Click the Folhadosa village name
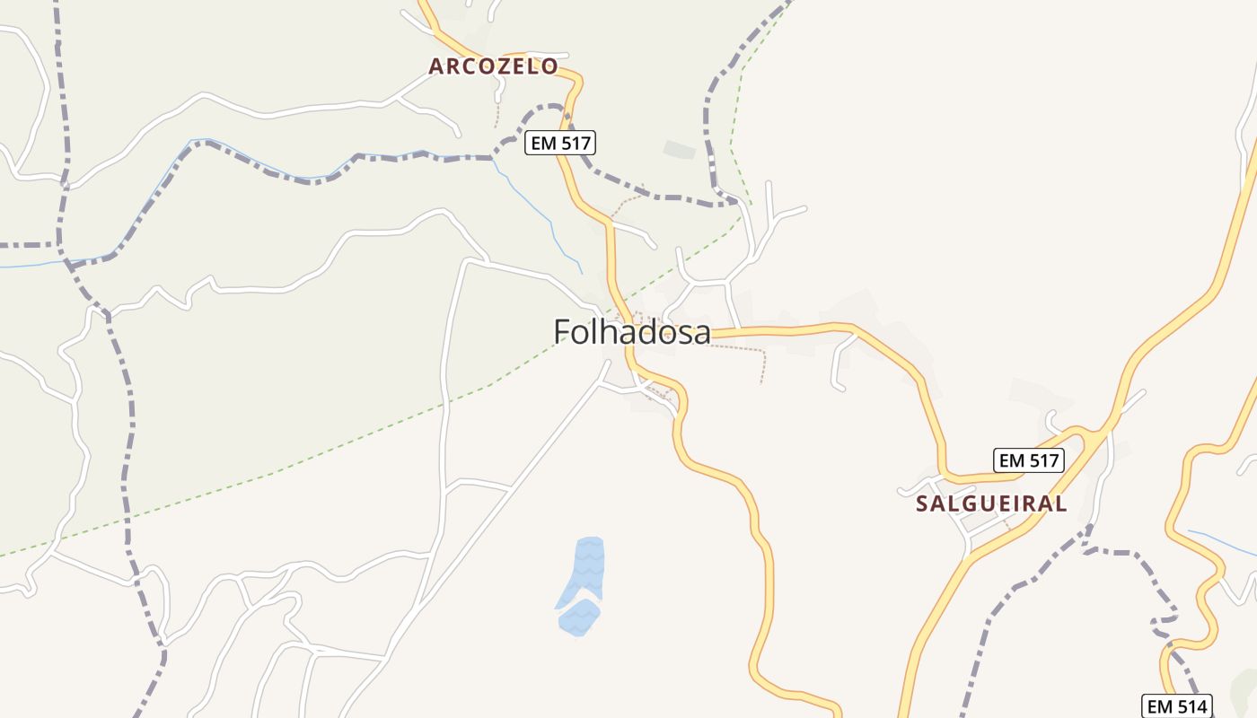(x=631, y=332)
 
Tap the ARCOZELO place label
(x=493, y=66)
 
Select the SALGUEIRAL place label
(x=991, y=503)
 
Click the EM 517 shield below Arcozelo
(x=560, y=143)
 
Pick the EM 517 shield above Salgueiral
(x=1029, y=460)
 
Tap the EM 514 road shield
(x=1177, y=705)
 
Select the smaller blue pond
(x=578, y=617)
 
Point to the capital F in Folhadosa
(x=563, y=332)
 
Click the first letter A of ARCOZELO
(x=436, y=66)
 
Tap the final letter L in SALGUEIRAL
(x=1061, y=503)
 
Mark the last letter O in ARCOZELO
(x=549, y=66)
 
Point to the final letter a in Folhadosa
(x=701, y=333)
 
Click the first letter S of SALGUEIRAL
(x=922, y=503)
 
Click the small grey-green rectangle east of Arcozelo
(x=679, y=149)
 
